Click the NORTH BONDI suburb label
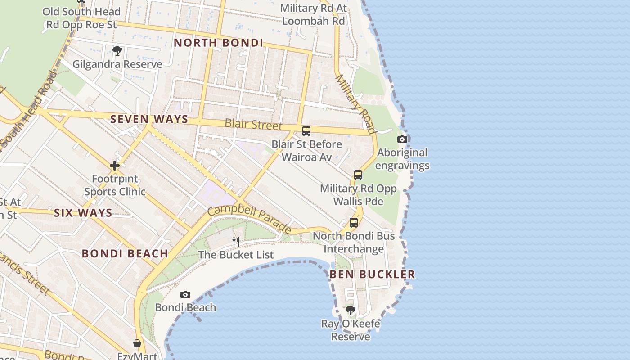pos(218,43)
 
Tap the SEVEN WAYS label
pos(149,119)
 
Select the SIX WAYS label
pos(83,213)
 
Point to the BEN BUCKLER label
pos(372,274)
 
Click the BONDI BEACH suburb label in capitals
pos(125,253)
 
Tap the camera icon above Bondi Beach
pos(185,295)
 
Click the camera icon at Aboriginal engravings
pos(402,139)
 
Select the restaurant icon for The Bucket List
pos(236,242)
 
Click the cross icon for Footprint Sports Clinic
pos(115,166)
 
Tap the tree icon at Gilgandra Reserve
pos(117,51)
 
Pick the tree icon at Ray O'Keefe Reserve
pos(350,310)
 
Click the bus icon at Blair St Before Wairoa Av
pos(306,131)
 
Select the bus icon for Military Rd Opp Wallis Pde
pos(358,175)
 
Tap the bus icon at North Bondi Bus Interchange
pos(354,223)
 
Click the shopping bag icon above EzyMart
pos(137,343)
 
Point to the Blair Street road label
pos(253,124)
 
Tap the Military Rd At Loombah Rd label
pos(313,14)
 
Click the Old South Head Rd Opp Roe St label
pos(81,18)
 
